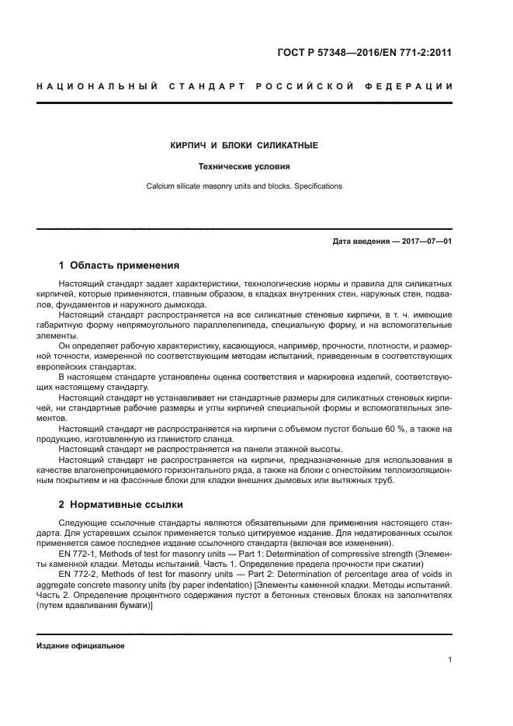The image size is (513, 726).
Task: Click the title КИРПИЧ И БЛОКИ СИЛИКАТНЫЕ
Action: click(x=244, y=145)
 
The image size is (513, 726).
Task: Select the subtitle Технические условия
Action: click(x=244, y=166)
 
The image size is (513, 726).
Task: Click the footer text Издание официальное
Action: click(x=81, y=646)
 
